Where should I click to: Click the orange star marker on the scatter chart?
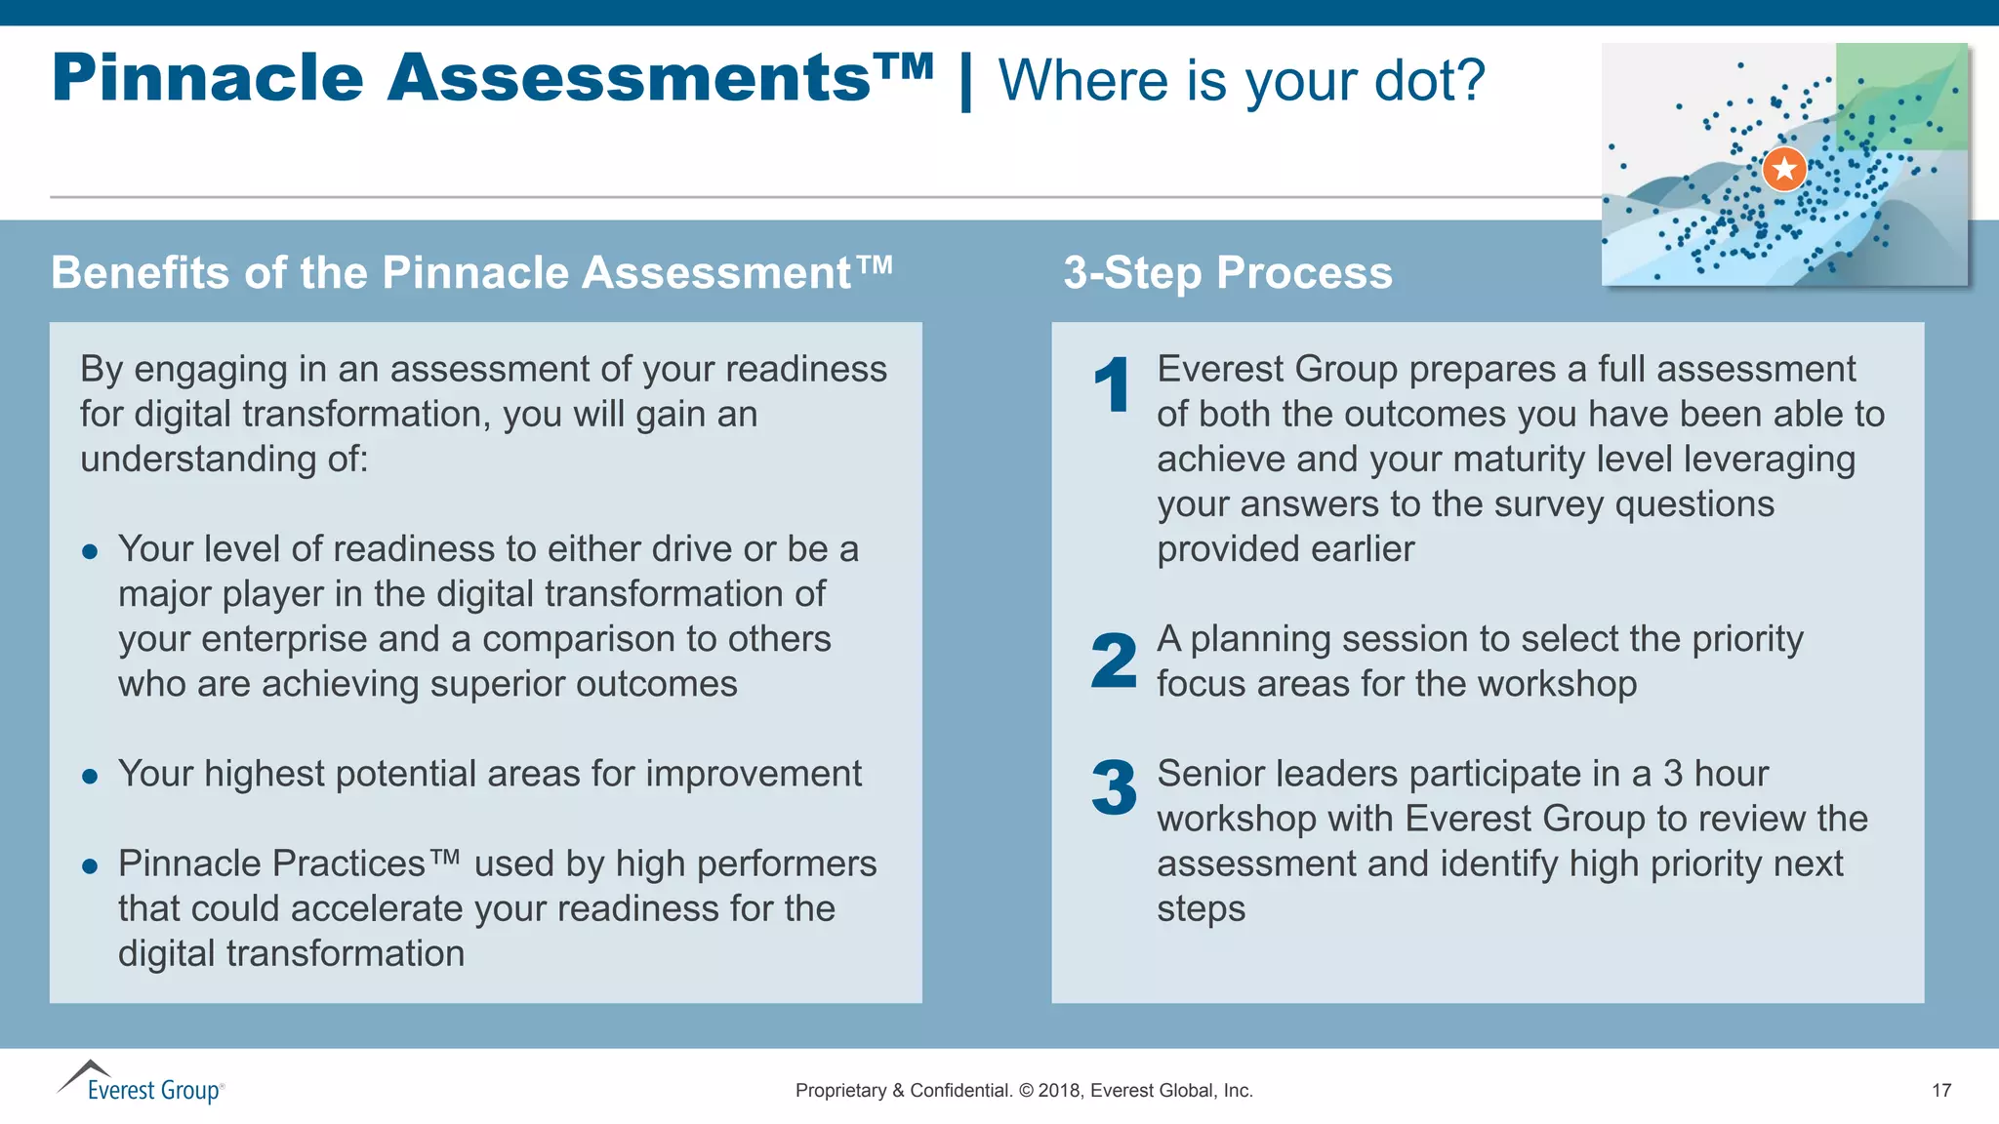(1784, 169)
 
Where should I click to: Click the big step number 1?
(1112, 384)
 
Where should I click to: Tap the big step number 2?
(1114, 661)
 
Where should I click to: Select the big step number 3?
(1114, 788)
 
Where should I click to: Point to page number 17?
(1940, 1091)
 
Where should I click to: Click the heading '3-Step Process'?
(1227, 272)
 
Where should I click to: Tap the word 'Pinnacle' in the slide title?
(208, 78)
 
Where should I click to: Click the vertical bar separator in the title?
(965, 82)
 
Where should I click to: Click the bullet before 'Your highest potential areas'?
(90, 777)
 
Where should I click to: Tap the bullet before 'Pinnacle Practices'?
(90, 866)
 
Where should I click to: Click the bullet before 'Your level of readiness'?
(90, 552)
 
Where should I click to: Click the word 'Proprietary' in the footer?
(840, 1091)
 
